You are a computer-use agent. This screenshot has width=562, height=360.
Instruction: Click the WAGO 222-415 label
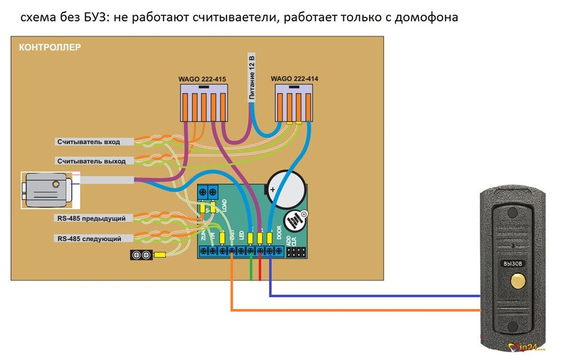click(x=203, y=80)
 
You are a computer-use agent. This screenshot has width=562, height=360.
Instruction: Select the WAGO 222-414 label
click(x=294, y=79)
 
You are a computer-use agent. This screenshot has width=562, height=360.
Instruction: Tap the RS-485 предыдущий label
click(x=91, y=218)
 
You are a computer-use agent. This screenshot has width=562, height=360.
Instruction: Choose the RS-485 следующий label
click(x=89, y=238)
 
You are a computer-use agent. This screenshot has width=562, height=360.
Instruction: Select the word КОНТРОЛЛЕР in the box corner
click(x=50, y=47)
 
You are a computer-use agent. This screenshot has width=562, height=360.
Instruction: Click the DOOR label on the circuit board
click(x=280, y=231)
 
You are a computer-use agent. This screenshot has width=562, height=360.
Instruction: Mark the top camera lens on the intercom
click(x=511, y=213)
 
